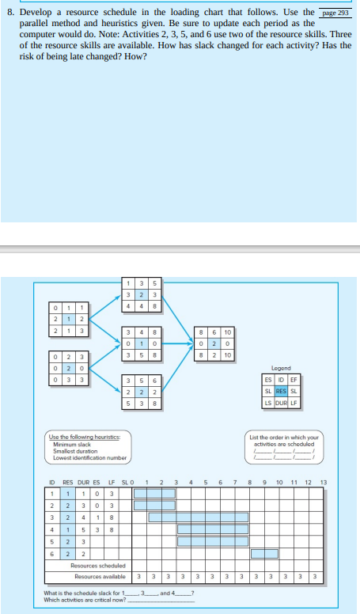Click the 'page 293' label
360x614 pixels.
(x=335, y=14)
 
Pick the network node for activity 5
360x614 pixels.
(x=142, y=392)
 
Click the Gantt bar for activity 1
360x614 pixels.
(x=154, y=492)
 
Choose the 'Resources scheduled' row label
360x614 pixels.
(x=93, y=566)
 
